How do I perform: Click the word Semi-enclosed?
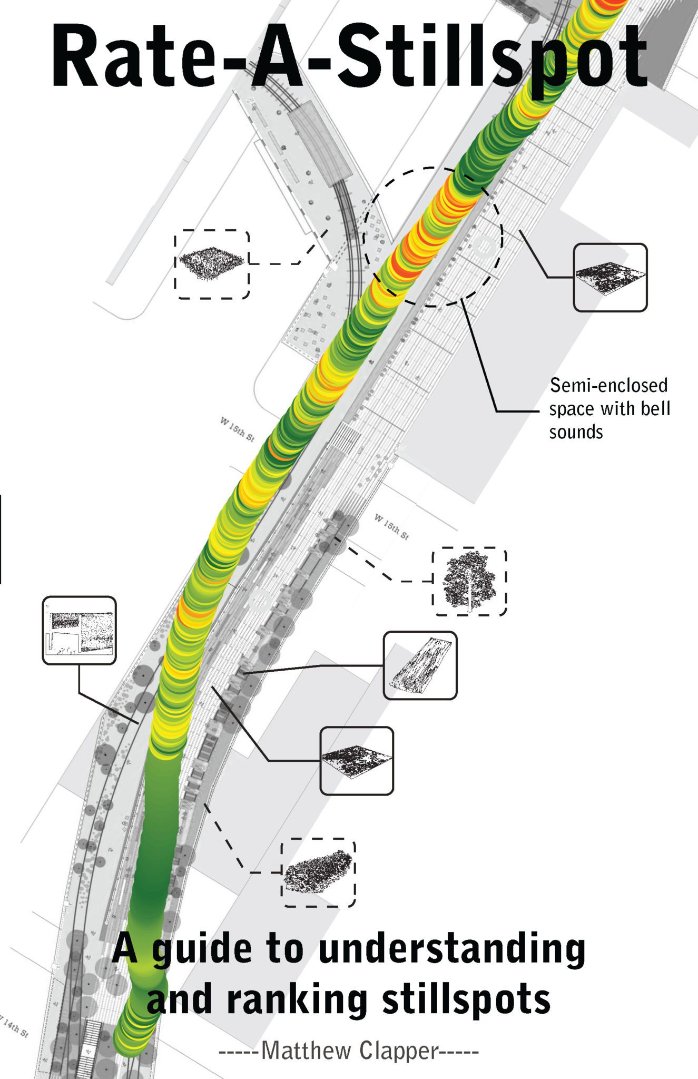[x=608, y=386]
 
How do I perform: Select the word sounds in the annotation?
[x=576, y=432]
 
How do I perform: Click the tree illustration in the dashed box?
[x=469, y=581]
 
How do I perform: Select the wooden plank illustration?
[x=420, y=665]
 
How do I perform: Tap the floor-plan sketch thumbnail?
[x=79, y=630]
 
